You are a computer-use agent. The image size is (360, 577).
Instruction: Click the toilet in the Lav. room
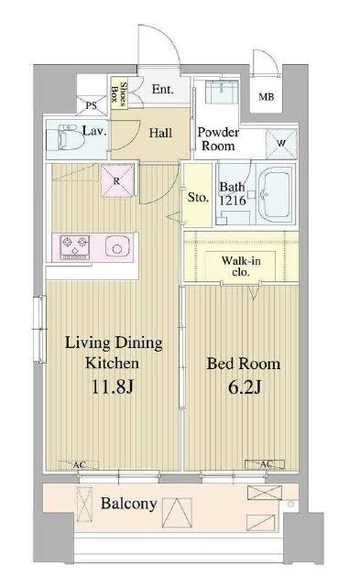[67, 138]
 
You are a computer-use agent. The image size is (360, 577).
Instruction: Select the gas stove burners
[75, 246]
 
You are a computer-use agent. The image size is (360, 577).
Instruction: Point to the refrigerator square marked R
[117, 180]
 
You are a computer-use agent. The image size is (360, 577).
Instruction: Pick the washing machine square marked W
[281, 143]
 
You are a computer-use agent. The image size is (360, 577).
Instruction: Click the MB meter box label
[266, 97]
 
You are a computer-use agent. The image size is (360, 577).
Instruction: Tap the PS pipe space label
[92, 106]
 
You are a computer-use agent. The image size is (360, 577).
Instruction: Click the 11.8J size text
[112, 386]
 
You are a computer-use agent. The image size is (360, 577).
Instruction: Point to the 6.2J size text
[245, 386]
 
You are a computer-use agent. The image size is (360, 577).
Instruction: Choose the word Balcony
[129, 504]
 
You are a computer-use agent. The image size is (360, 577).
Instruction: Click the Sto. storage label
[198, 198]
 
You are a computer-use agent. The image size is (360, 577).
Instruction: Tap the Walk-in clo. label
[241, 266]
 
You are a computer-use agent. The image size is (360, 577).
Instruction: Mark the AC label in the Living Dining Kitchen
[79, 464]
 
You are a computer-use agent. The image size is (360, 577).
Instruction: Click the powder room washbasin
[221, 92]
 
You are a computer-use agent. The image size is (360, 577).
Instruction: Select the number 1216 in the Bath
[233, 201]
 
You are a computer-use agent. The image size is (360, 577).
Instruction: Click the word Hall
[160, 133]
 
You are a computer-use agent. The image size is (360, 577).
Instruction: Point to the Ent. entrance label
[162, 90]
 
